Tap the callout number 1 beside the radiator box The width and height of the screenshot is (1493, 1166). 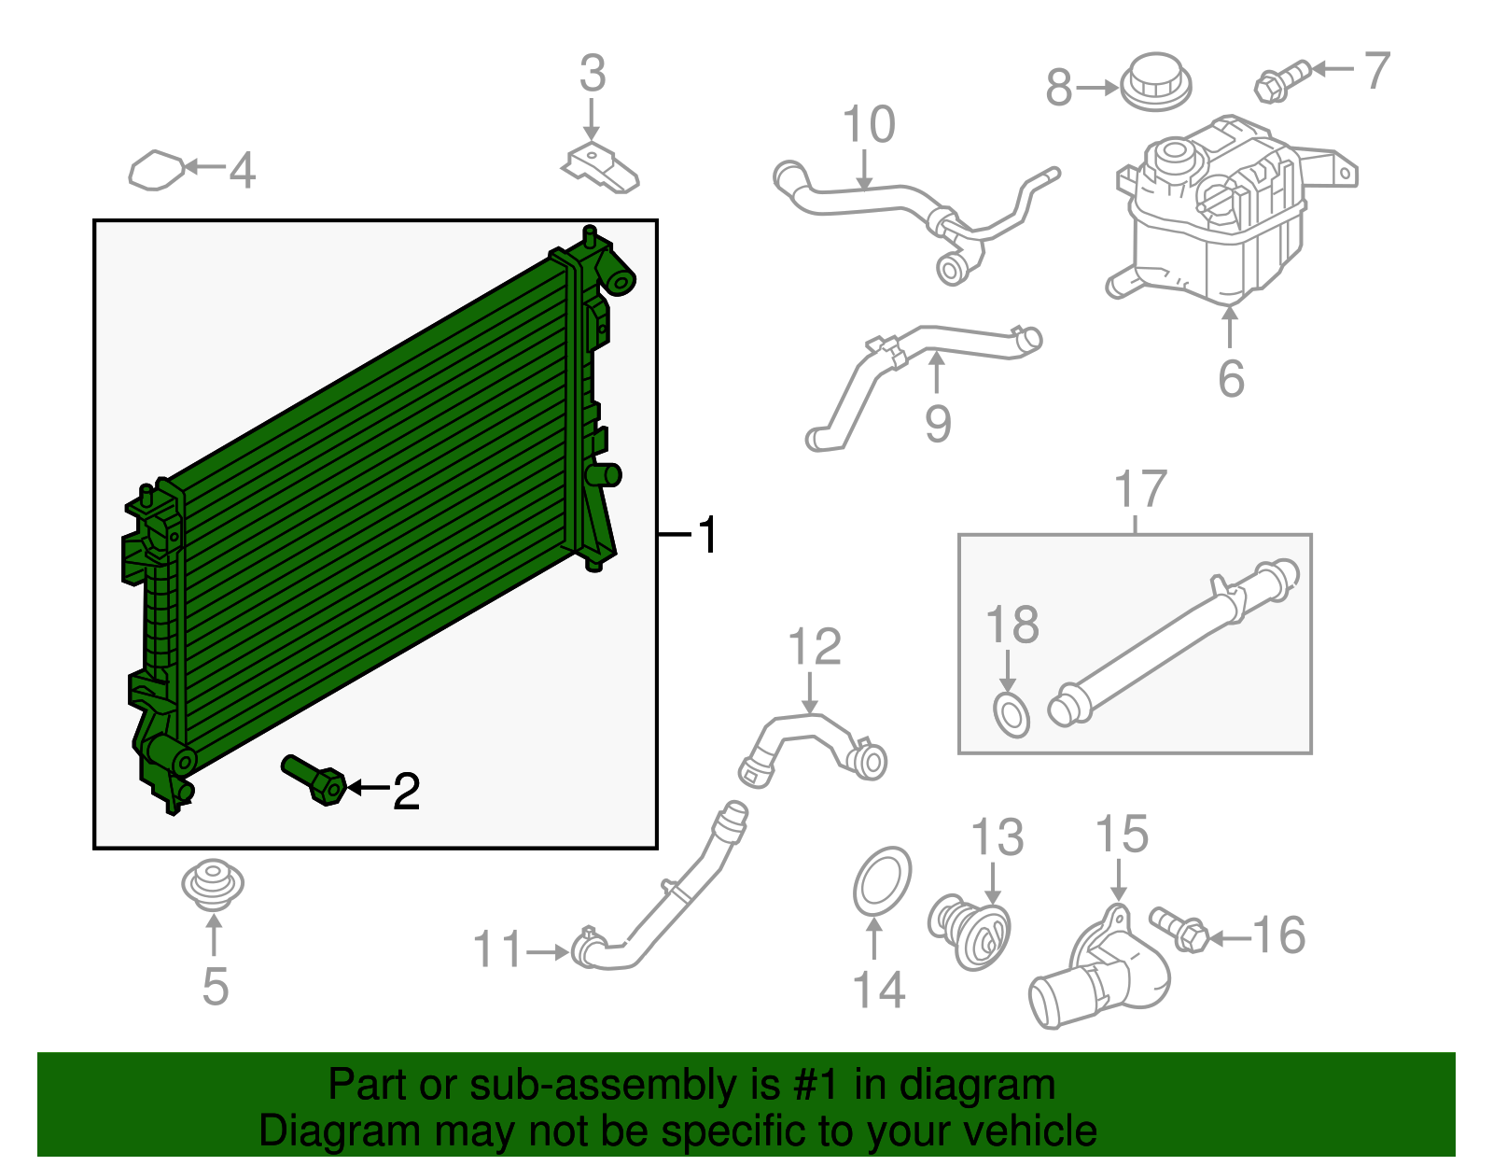(708, 535)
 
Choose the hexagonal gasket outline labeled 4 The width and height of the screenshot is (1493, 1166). (156, 171)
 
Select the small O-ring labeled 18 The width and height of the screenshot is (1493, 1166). (1011, 715)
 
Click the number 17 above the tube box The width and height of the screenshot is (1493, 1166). (1140, 489)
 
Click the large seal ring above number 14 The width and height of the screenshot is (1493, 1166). (882, 881)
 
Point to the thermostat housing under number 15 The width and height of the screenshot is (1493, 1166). (1101, 971)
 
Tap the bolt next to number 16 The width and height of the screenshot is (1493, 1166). (1180, 929)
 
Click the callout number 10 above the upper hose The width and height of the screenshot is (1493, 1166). (868, 125)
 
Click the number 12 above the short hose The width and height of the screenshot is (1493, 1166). (814, 647)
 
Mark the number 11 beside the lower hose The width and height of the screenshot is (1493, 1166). (496, 950)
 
